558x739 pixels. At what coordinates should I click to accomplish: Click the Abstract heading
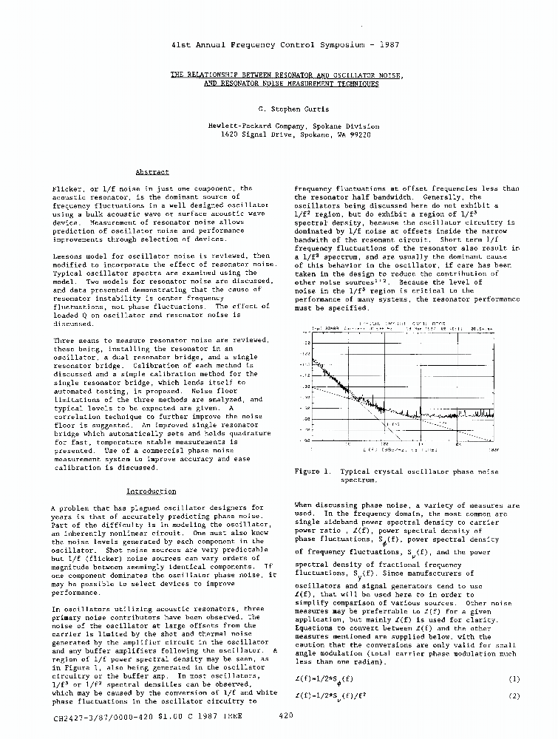[152, 172]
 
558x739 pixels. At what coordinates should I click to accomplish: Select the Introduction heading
[151, 491]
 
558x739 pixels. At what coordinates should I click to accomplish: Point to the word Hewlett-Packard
[237, 126]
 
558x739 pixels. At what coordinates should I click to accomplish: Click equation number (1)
[514, 678]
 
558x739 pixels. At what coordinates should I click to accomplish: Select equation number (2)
[514, 696]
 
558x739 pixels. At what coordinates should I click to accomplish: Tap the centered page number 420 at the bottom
[287, 716]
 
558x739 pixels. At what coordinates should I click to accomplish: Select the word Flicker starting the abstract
[66, 189]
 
